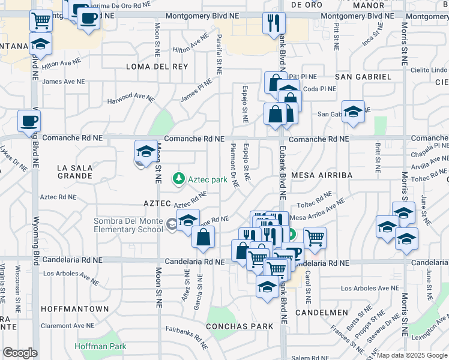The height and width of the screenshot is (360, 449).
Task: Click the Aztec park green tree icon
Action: point(178,178)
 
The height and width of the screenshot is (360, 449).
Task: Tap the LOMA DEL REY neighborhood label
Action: point(157,67)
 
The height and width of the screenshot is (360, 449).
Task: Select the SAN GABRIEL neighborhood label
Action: point(363,77)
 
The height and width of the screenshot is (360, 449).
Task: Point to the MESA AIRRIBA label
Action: point(320,175)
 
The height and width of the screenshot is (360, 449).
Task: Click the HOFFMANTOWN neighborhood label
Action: point(75,309)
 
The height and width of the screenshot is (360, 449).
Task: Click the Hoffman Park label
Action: point(101,346)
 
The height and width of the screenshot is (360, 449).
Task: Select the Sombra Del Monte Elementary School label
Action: point(128,225)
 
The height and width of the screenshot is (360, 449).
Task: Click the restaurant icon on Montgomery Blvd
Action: point(274,23)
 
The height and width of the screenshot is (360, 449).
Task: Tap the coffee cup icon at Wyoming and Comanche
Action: point(29,121)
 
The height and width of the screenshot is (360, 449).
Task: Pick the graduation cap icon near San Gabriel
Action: point(353,112)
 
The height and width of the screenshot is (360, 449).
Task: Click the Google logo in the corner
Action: point(20,353)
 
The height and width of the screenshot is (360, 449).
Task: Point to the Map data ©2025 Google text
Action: point(411,355)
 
